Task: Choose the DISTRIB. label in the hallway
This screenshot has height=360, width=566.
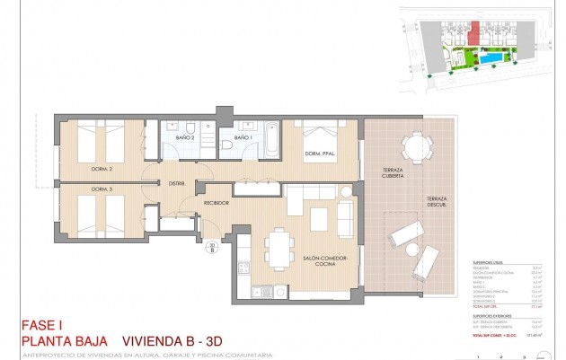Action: click(177, 184)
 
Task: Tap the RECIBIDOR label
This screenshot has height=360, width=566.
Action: click(217, 203)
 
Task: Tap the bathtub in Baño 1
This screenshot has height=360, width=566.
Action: click(269, 143)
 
